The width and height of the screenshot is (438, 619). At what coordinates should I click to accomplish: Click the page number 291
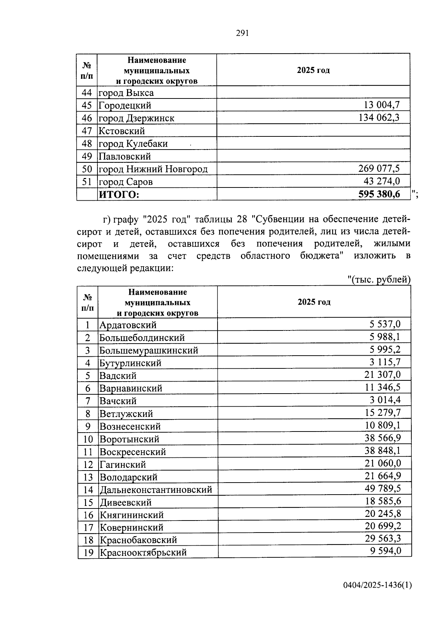(x=242, y=33)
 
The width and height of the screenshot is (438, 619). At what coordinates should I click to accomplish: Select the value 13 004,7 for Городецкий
(x=382, y=105)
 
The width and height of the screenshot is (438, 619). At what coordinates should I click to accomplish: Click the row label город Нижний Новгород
(x=153, y=169)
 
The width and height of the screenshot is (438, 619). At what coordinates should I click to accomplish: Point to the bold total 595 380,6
(x=379, y=194)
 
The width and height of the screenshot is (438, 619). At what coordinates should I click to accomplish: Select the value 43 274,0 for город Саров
(x=382, y=181)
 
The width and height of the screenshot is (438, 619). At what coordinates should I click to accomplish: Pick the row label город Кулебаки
(x=133, y=144)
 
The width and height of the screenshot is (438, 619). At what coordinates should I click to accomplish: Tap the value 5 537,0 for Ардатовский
(x=385, y=324)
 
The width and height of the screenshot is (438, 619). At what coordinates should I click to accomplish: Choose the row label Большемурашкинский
(x=149, y=351)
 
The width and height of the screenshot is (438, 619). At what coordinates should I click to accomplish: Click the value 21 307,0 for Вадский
(x=383, y=375)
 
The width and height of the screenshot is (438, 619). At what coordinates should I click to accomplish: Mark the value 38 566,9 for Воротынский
(x=383, y=438)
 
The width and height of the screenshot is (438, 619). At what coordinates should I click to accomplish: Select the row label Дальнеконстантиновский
(x=156, y=490)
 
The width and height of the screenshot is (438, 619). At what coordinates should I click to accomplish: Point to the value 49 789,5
(x=383, y=488)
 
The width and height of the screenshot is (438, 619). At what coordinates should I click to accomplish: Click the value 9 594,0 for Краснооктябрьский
(x=385, y=550)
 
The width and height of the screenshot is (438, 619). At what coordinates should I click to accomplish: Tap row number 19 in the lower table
(x=88, y=553)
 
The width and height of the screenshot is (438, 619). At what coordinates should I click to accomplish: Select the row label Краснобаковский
(x=138, y=540)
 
